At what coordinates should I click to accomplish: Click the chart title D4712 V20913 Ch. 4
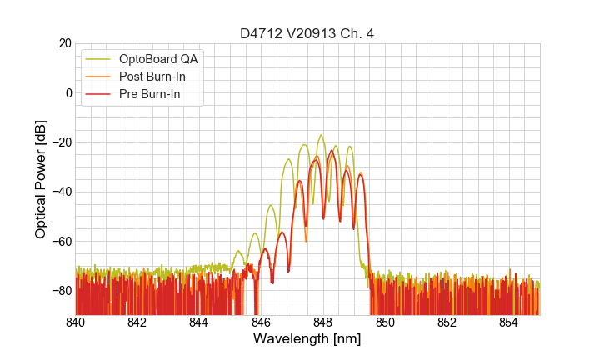[307, 33]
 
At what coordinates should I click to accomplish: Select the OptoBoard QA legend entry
[159, 59]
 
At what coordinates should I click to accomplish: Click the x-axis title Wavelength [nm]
[307, 339]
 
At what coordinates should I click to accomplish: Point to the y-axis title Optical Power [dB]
[41, 179]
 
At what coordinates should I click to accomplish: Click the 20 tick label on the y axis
[65, 43]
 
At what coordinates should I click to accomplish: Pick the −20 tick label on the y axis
[62, 142]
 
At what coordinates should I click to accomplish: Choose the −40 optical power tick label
[62, 192]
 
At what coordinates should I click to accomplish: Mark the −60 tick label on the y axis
[62, 241]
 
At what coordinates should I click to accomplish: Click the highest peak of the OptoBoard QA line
[321, 135]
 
